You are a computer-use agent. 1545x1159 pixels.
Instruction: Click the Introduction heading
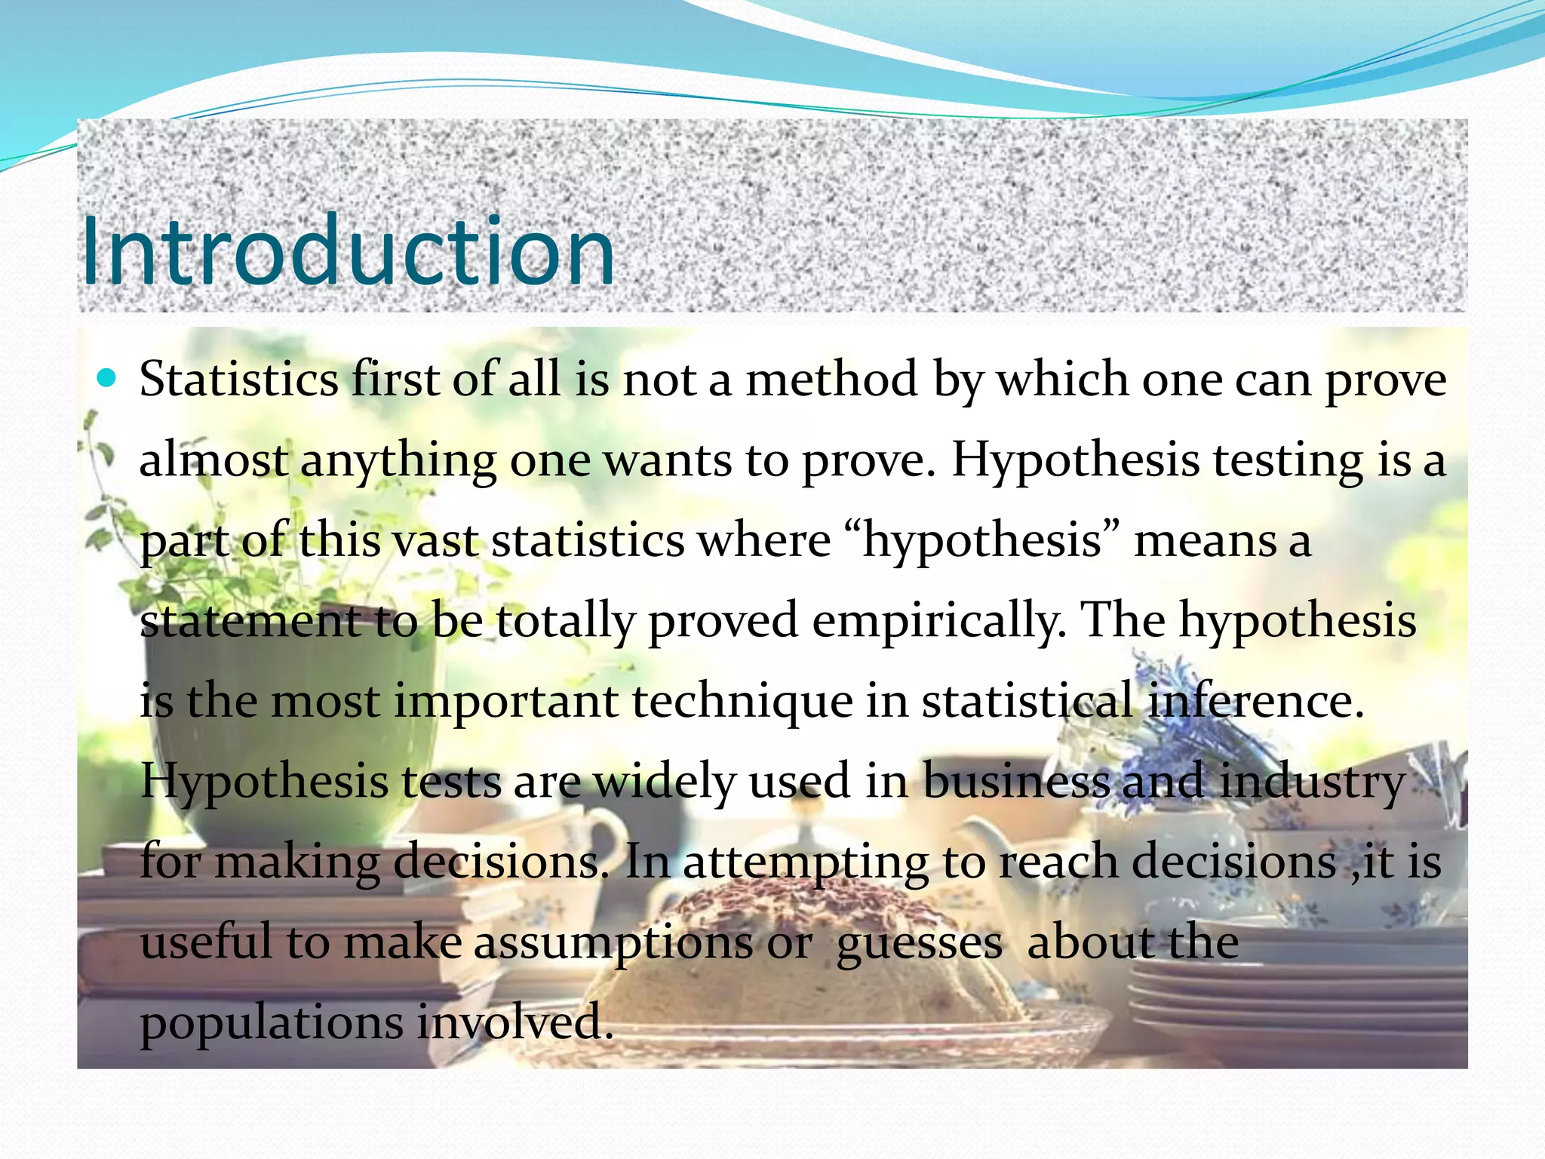pyautogui.click(x=347, y=251)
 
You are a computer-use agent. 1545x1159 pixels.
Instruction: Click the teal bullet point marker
pyautogui.click(x=108, y=377)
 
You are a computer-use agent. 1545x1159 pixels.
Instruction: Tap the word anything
pyautogui.click(x=398, y=460)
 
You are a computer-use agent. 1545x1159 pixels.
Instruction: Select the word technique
pyautogui.click(x=742, y=701)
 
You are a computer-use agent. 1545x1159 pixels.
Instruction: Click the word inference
pyautogui.click(x=1255, y=701)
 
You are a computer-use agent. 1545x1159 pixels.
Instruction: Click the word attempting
pyautogui.click(x=805, y=862)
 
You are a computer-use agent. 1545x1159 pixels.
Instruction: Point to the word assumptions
pyautogui.click(x=613, y=942)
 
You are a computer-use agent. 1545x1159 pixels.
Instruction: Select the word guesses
pyautogui.click(x=920, y=944)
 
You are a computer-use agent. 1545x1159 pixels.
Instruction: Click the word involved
pyautogui.click(x=514, y=1023)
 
